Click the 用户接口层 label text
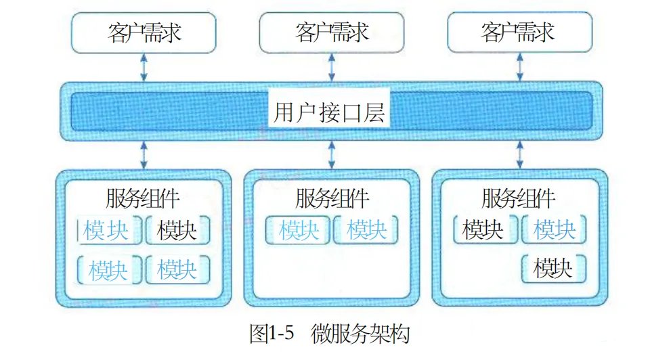(x=330, y=112)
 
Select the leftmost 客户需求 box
(x=144, y=32)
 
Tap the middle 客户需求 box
(x=332, y=32)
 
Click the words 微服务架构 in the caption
(x=361, y=334)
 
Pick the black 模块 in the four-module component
(x=177, y=231)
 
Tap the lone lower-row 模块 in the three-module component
(x=553, y=269)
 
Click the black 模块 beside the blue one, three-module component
(x=483, y=231)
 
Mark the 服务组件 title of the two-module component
(x=332, y=200)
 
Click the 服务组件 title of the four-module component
(x=143, y=200)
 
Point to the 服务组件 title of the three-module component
(x=519, y=200)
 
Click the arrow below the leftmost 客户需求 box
(x=144, y=68)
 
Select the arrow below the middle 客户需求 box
(x=331, y=68)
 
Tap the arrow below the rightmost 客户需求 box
(x=518, y=68)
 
